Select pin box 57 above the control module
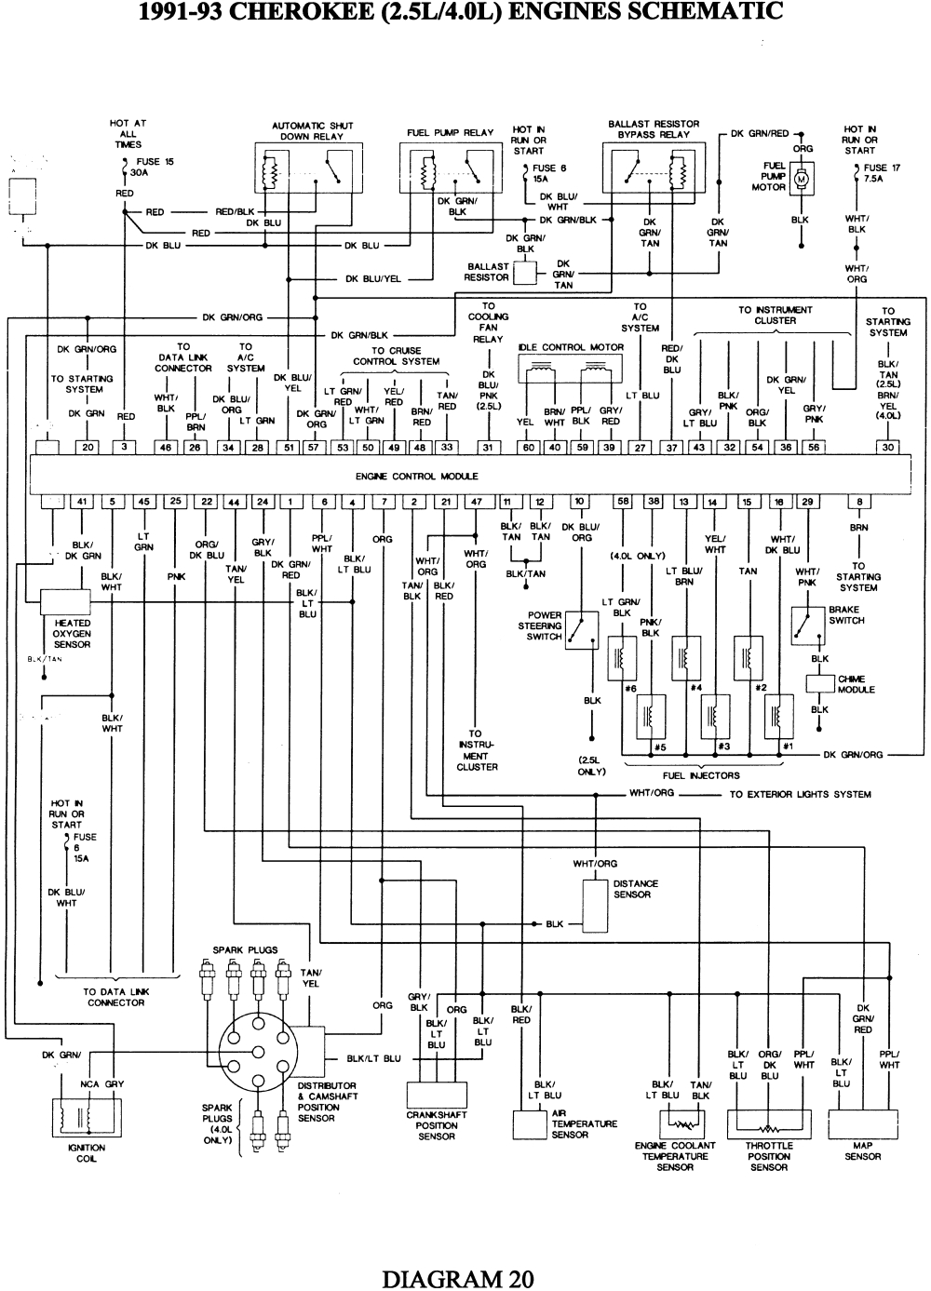(315, 448)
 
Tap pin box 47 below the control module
(476, 503)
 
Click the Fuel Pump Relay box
(450, 168)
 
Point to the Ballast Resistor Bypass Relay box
(654, 171)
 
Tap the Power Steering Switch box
(583, 631)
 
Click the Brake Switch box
(807, 626)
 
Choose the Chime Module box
(819, 683)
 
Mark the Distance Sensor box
(596, 905)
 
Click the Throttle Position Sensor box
(769, 1124)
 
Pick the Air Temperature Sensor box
(532, 1125)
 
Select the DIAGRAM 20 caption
(458, 1278)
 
